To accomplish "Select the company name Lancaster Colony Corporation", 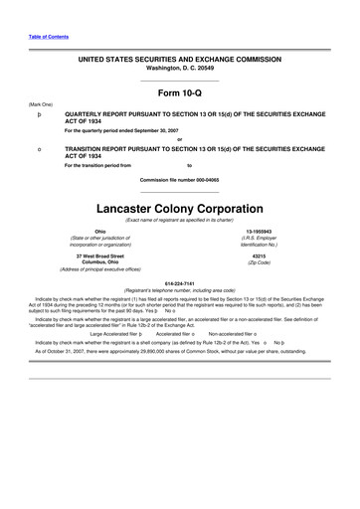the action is [180, 211].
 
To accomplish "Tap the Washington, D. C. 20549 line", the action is [180, 70].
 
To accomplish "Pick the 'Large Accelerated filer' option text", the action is [117, 334].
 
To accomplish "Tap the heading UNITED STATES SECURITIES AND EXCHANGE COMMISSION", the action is [180, 61].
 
